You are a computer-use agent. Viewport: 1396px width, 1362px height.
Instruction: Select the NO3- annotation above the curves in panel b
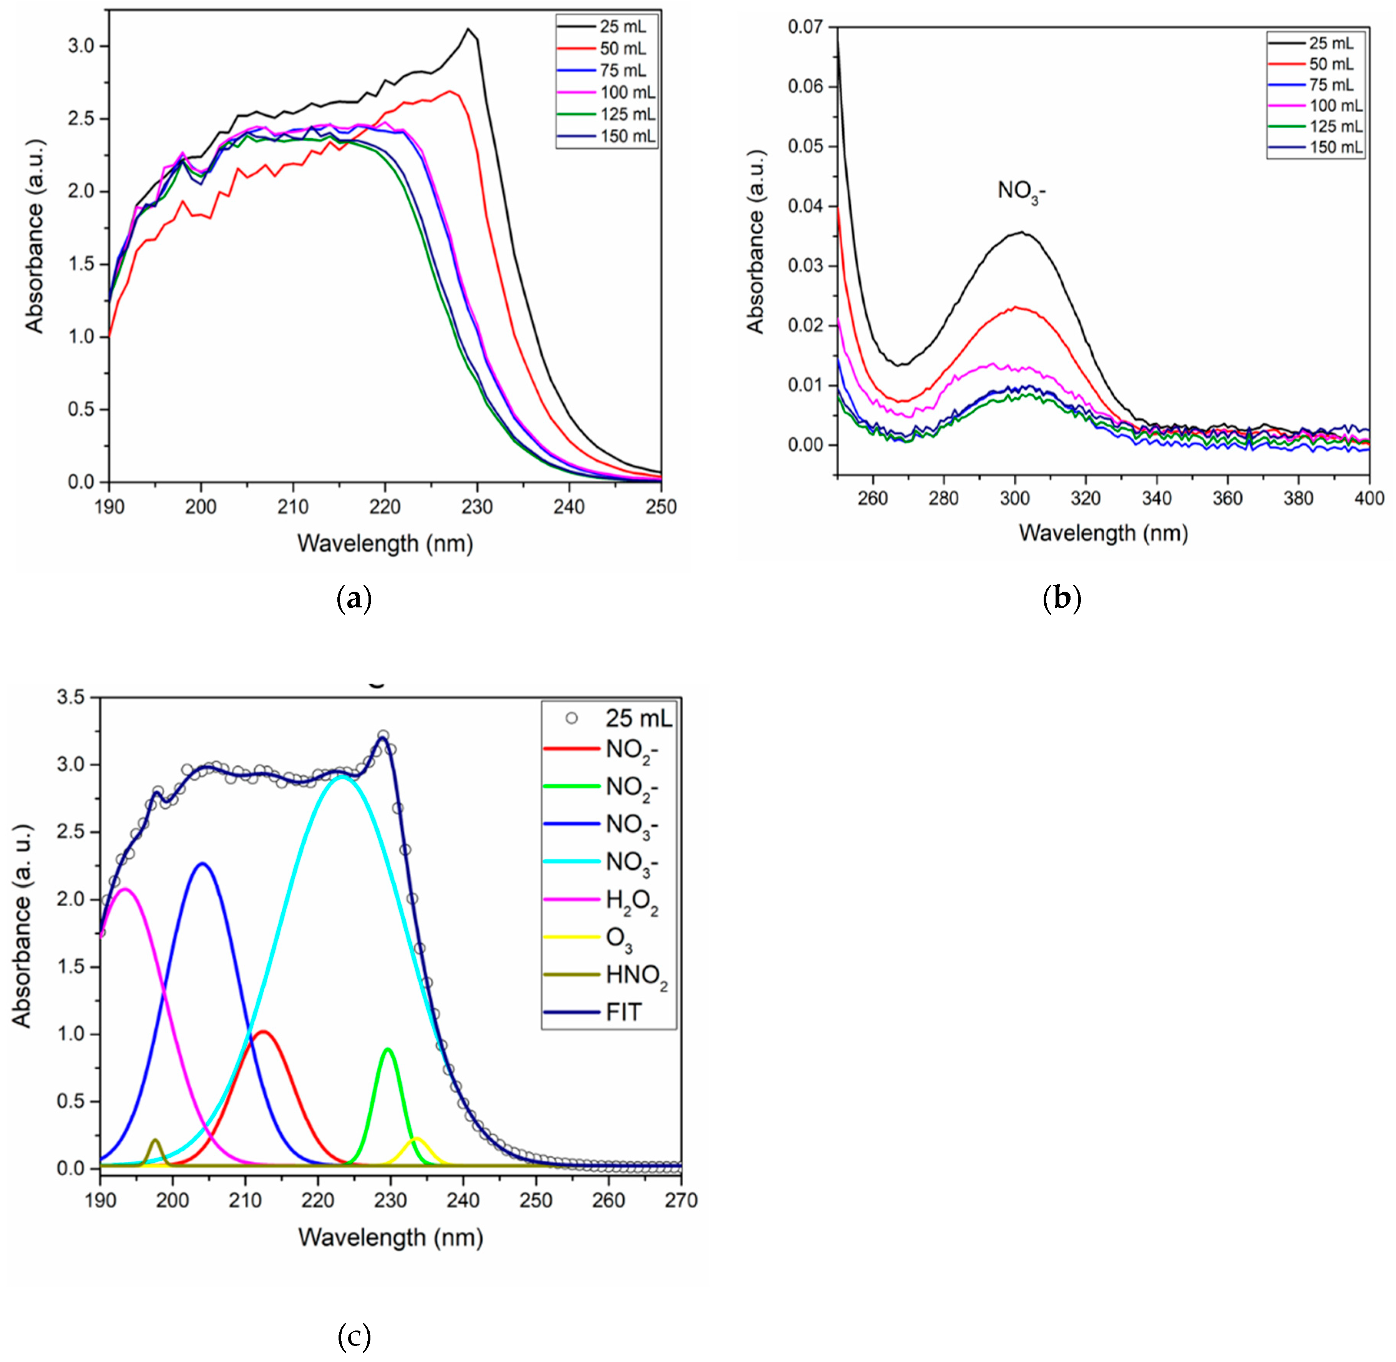(1021, 192)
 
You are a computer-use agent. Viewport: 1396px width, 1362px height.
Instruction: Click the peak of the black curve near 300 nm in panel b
(1021, 232)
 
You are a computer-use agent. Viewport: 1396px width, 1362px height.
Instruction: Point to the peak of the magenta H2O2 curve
(125, 889)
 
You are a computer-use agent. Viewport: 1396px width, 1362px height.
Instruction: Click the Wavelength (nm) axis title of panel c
(391, 1238)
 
